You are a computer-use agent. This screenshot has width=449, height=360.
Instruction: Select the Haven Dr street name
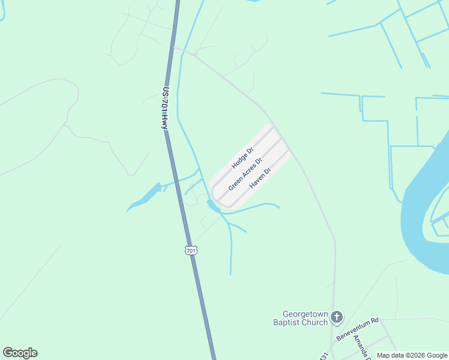click(x=261, y=178)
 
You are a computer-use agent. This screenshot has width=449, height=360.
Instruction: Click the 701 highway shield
click(x=191, y=250)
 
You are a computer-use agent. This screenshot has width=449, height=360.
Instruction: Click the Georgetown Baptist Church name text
click(x=306, y=318)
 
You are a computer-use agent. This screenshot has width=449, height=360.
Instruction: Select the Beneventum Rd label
click(x=358, y=329)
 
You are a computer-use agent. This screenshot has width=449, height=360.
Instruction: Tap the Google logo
click(x=20, y=353)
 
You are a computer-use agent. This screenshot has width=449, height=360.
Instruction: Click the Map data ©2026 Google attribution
click(x=412, y=355)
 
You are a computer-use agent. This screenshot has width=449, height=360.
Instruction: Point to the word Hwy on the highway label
click(x=163, y=121)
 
